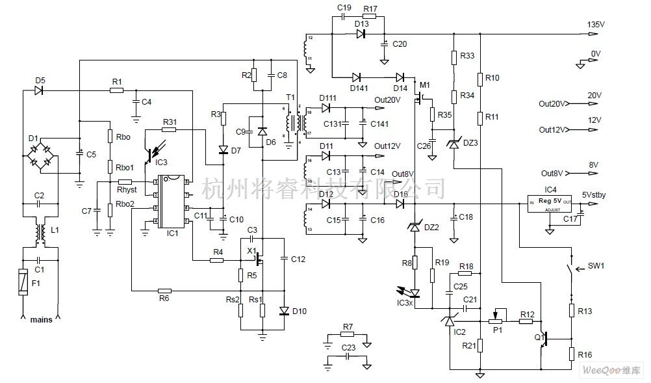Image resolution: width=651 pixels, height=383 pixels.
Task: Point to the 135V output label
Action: pyautogui.click(x=596, y=24)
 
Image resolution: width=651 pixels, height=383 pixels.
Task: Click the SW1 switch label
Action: pyautogui.click(x=596, y=267)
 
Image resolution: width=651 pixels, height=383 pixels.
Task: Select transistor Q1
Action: pyautogui.click(x=546, y=338)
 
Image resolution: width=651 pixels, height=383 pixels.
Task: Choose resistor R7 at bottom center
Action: pyautogui.click(x=348, y=334)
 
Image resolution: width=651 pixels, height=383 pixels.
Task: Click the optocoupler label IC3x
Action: pyautogui.click(x=405, y=304)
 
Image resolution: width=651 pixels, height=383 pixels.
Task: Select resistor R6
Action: pyautogui.click(x=164, y=291)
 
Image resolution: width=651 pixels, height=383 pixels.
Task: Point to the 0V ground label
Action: pyautogui.click(x=596, y=55)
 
